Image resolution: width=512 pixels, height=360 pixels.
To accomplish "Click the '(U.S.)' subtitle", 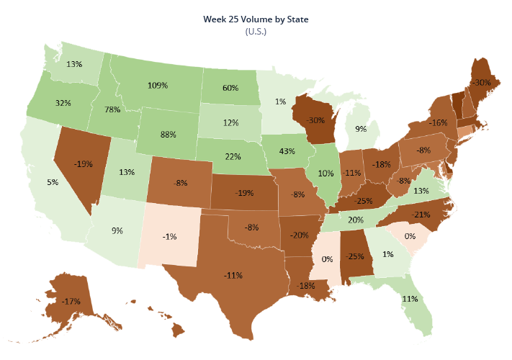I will coord(256,32).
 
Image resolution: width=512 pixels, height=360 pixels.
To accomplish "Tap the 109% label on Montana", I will coord(158,85).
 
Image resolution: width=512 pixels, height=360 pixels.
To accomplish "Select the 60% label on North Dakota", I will coord(230,89).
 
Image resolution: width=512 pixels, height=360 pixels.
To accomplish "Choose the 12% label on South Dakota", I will coord(230,122).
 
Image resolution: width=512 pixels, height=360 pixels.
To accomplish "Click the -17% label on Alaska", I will coord(71,301).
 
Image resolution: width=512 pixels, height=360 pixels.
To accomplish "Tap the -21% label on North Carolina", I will coord(421,215).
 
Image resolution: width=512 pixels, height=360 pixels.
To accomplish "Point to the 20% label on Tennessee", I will coord(355,220).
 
